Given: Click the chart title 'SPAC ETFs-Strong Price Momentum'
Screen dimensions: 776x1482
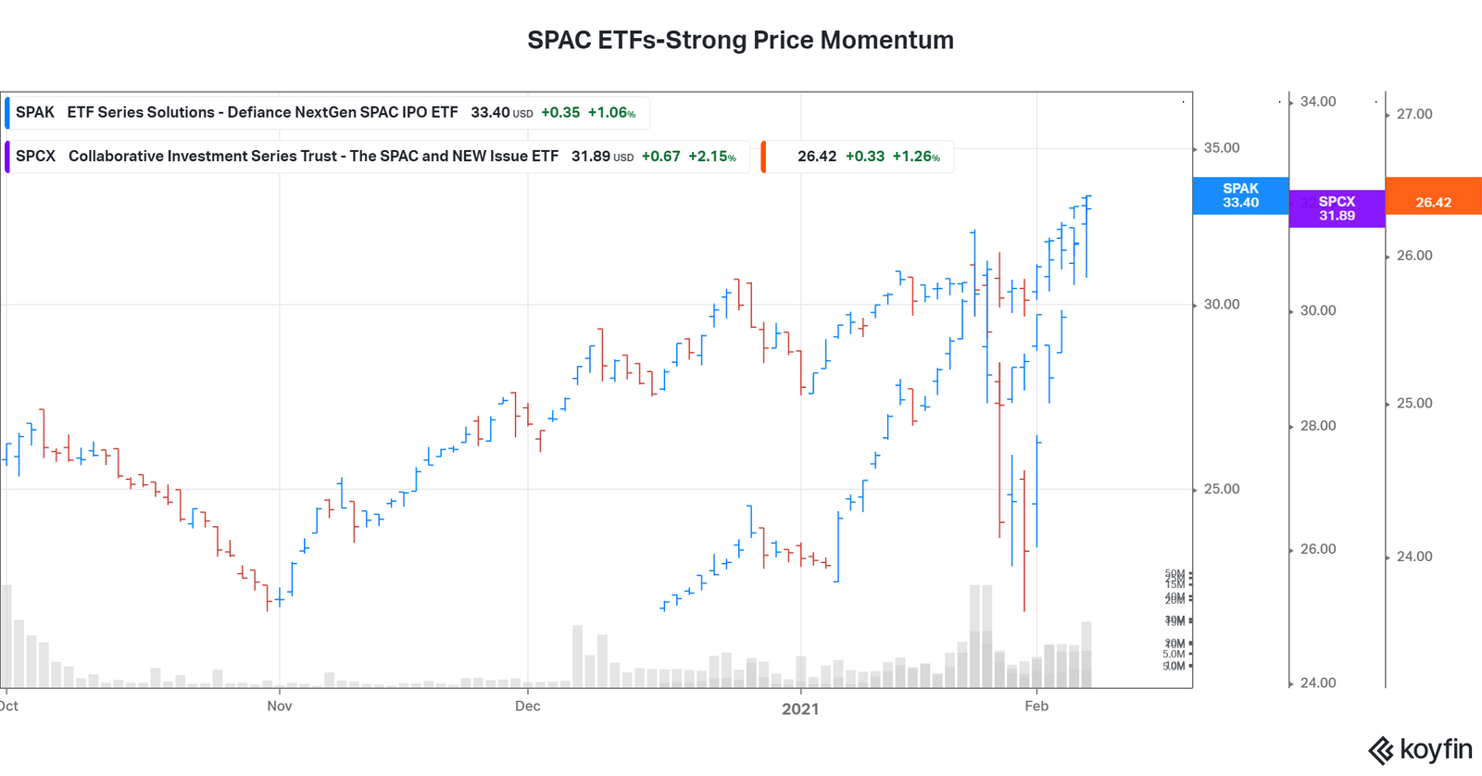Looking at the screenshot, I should (x=740, y=40).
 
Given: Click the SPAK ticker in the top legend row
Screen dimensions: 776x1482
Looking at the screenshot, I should (x=35, y=112).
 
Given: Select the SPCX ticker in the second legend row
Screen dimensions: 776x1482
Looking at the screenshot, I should (x=36, y=156).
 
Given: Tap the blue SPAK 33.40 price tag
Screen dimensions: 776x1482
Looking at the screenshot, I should (x=1239, y=195).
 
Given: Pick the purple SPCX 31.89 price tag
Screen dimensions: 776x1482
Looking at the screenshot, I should (x=1336, y=208).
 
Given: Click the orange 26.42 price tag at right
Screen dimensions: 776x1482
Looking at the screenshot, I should (x=1433, y=202).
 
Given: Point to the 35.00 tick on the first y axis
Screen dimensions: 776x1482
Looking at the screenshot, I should (x=1221, y=148).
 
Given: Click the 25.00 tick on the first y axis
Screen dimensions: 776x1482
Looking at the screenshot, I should (x=1221, y=489).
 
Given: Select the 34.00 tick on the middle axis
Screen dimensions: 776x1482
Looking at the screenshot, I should (x=1317, y=102).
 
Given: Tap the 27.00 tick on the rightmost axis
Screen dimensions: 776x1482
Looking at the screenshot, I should (x=1413, y=114).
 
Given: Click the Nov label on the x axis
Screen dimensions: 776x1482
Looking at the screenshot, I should (x=279, y=707).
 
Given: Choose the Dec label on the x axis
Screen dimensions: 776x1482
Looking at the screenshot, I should (x=527, y=707).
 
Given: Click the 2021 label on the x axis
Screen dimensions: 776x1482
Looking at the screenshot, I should (x=800, y=708).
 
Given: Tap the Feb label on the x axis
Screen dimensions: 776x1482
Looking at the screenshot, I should (x=1036, y=707).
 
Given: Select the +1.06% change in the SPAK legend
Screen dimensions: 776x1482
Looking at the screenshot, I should (x=611, y=112).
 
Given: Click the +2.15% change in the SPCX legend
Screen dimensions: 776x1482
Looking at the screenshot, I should (x=711, y=156).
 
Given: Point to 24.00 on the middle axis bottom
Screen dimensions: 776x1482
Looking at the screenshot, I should (x=1317, y=683).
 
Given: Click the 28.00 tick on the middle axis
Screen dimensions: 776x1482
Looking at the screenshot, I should (x=1317, y=426).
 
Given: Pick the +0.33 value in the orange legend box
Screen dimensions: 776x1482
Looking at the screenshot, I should (x=864, y=156).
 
